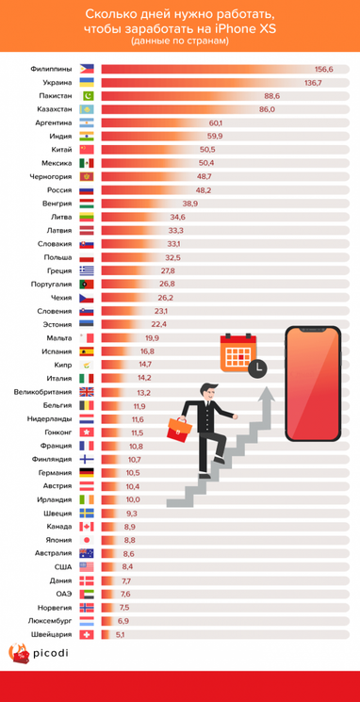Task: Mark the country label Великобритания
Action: click(x=41, y=392)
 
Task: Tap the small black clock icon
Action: click(x=257, y=369)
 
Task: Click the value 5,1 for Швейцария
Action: click(x=119, y=635)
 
